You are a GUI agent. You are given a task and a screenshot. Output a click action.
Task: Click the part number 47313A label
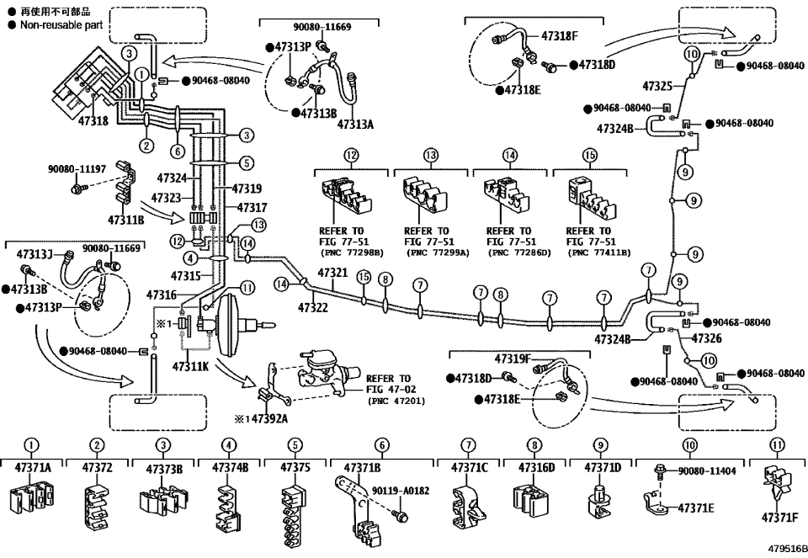pyautogui.click(x=355, y=124)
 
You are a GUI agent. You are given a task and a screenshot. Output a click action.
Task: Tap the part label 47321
pyautogui.click(x=332, y=274)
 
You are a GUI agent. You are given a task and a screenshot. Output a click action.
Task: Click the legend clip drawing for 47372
pyautogui.click(x=98, y=503)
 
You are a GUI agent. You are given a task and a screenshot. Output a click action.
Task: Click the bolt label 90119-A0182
pyautogui.click(x=400, y=487)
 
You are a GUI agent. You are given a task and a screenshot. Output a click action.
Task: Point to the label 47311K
pyautogui.click(x=191, y=367)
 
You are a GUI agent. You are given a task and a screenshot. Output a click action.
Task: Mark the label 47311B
pyautogui.click(x=126, y=220)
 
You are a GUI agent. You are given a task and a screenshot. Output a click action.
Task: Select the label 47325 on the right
pyautogui.click(x=657, y=86)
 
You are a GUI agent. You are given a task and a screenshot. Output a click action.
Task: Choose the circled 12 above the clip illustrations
pyautogui.click(x=350, y=155)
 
